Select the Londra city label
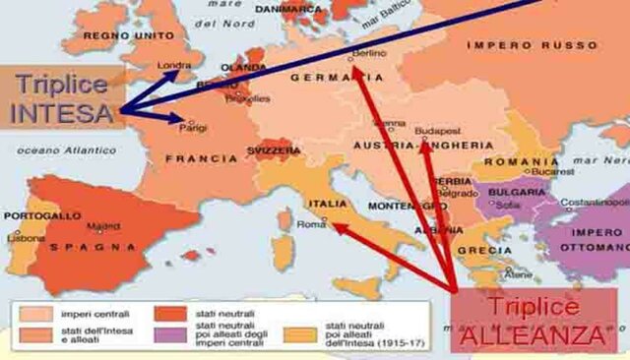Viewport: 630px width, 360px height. pyautogui.click(x=174, y=67)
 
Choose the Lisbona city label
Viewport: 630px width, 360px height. pyautogui.click(x=22, y=238)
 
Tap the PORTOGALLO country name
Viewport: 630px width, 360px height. pyautogui.click(x=42, y=215)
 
